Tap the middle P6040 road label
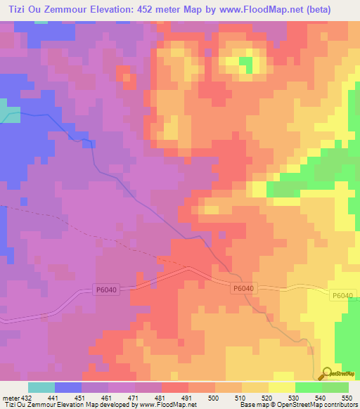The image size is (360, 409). (x=242, y=288)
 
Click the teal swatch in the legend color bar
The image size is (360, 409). (x=41, y=387)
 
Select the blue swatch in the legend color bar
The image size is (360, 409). (x=68, y=387)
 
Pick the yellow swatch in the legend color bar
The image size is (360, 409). (x=281, y=387)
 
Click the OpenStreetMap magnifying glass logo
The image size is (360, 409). (x=328, y=373)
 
